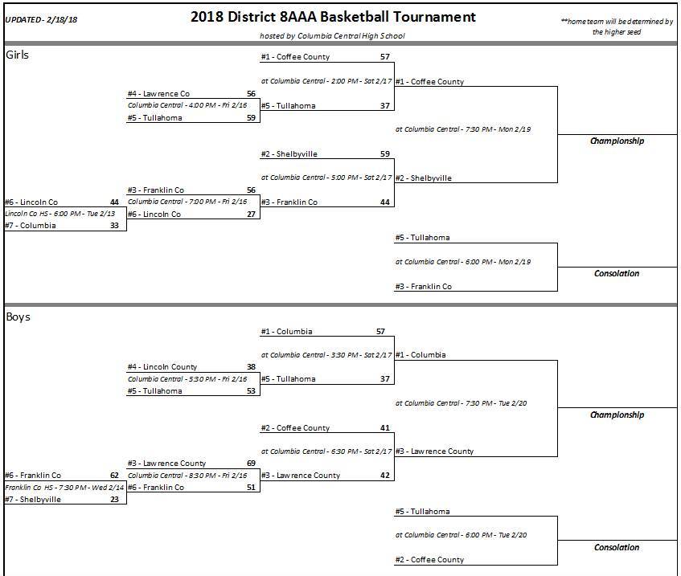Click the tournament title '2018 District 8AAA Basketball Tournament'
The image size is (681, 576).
pos(333,17)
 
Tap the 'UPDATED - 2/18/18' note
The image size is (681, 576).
pos(42,19)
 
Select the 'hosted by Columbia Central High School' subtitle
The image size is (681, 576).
pos(332,35)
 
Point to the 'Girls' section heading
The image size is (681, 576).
pos(18,55)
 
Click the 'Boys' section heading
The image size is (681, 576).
pos(18,317)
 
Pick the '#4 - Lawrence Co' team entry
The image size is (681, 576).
pos(158,94)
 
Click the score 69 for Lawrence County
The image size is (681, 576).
pos(251,464)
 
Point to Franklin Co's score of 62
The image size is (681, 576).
pos(114,476)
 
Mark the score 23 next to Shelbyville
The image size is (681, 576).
pos(114,500)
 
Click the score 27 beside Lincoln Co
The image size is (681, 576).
pos(251,214)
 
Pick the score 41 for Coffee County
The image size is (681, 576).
pos(385,428)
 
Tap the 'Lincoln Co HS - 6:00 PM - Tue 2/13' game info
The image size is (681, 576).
pos(60,214)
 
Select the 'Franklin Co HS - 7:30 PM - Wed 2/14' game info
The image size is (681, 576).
pos(62,488)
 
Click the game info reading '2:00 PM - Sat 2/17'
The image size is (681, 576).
pos(326,82)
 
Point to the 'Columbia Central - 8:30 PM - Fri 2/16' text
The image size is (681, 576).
pos(187,476)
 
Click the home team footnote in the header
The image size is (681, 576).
pos(617,27)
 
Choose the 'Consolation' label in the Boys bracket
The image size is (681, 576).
pos(617,548)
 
